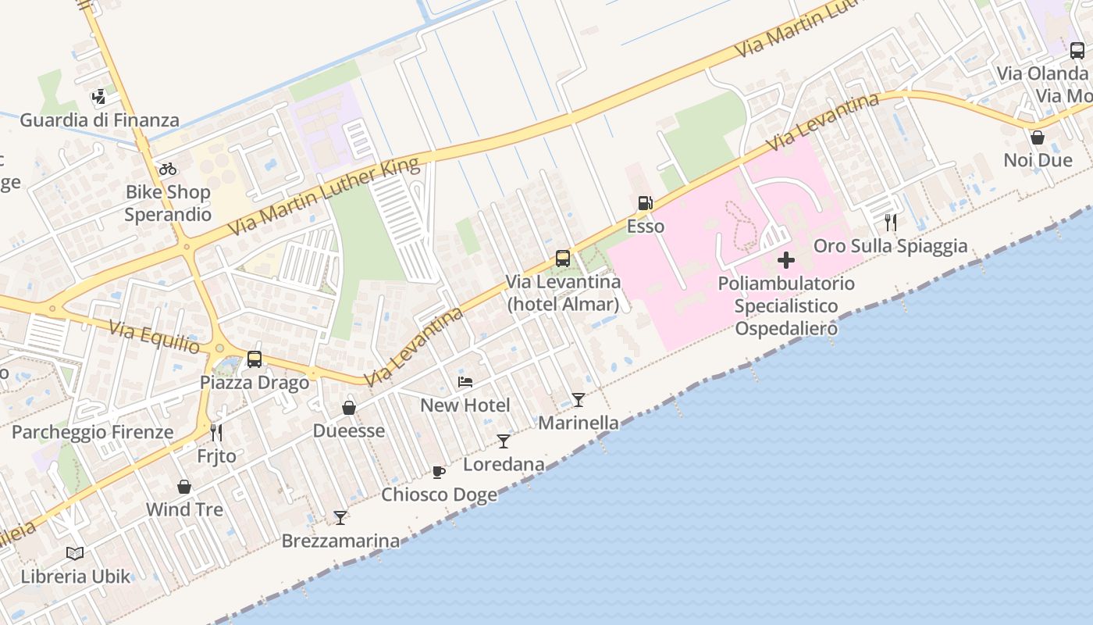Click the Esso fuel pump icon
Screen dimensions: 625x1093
(x=645, y=203)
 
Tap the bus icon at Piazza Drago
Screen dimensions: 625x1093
(x=255, y=359)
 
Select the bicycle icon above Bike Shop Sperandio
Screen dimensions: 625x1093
(x=167, y=169)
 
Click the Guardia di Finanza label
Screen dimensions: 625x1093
(x=99, y=120)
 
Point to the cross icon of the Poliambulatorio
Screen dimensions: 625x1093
(x=786, y=260)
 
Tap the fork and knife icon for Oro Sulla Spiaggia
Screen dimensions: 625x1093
(x=890, y=223)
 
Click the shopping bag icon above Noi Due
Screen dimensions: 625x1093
(x=1038, y=137)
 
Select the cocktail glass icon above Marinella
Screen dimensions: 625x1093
(x=578, y=400)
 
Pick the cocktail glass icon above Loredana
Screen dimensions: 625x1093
(x=504, y=441)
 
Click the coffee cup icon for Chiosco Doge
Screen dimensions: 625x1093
(x=439, y=472)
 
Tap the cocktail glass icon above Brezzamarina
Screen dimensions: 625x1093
(x=340, y=517)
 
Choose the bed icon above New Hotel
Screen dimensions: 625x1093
(x=465, y=382)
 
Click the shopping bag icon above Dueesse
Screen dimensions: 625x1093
(x=349, y=408)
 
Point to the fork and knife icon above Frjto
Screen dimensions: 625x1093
(x=216, y=432)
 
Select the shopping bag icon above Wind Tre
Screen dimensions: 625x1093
(x=184, y=487)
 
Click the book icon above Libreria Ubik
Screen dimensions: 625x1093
(x=75, y=553)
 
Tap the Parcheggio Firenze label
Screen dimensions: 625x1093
(x=92, y=432)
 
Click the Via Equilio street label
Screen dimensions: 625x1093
(x=155, y=337)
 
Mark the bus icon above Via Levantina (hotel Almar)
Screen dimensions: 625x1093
(x=562, y=258)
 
